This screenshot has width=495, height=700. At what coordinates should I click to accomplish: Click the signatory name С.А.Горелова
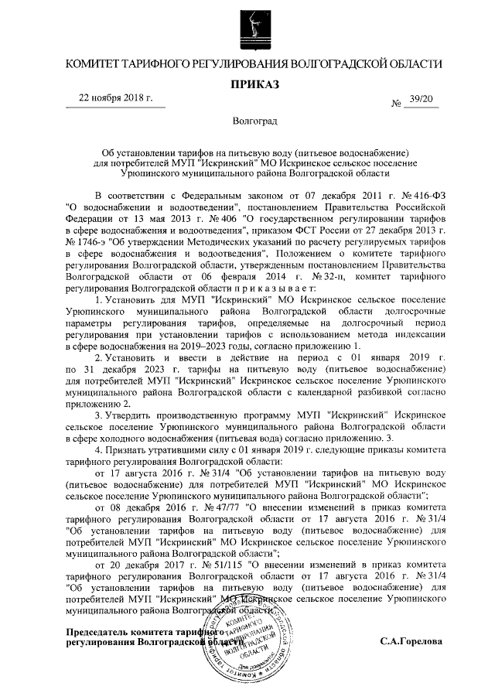411,641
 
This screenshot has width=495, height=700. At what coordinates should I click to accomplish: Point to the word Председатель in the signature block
101,632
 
